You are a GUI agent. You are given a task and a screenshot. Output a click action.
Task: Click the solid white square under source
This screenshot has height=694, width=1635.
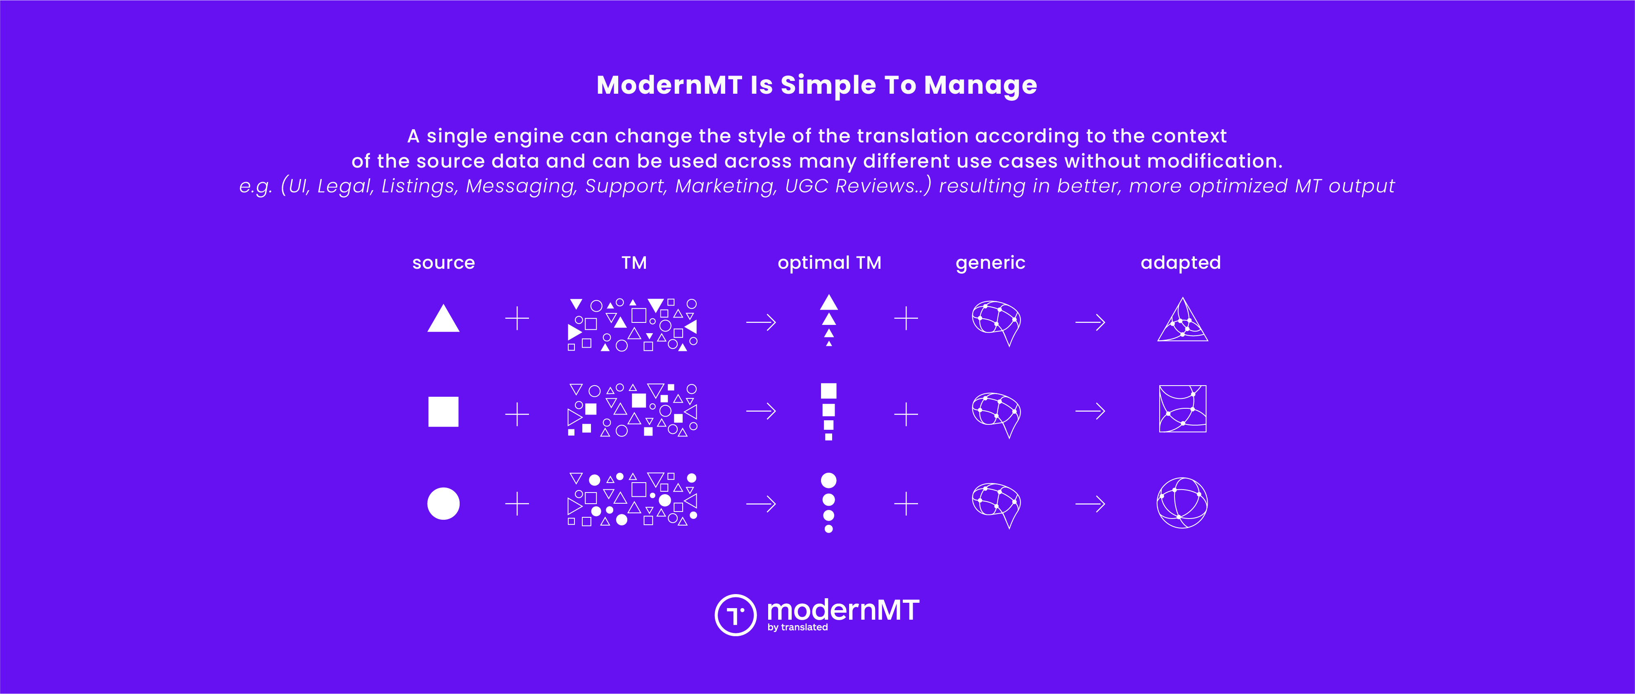click(443, 412)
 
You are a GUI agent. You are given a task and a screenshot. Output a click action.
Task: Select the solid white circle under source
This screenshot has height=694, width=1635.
click(443, 504)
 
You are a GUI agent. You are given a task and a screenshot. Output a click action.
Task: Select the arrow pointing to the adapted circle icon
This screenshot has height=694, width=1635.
click(1090, 505)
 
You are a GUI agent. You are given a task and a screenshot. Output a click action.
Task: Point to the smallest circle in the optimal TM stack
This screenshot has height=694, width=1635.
click(828, 529)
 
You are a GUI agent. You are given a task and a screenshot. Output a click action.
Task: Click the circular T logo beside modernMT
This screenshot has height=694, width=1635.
click(736, 615)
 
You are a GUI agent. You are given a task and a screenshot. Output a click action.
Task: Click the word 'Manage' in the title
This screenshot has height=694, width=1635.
click(980, 85)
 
